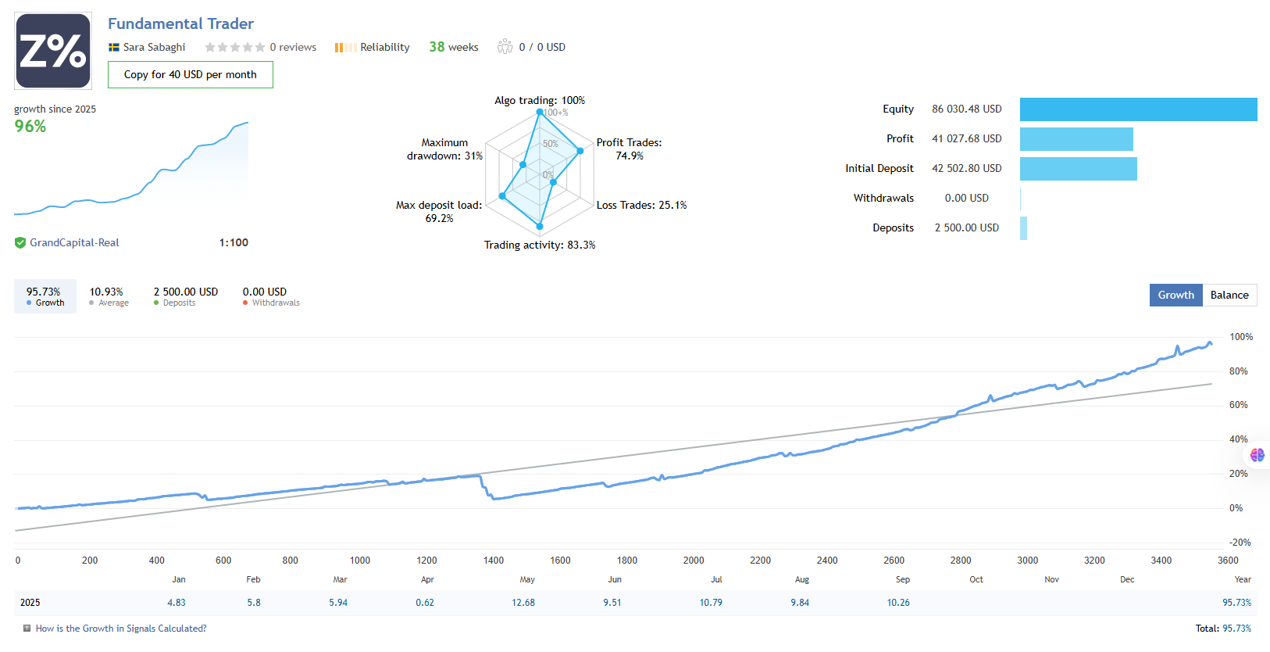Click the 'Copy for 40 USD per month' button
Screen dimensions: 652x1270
190,75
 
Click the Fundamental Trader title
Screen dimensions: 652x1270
180,23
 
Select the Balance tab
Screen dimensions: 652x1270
1229,295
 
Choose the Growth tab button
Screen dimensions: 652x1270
1175,295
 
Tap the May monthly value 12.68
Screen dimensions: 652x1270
523,603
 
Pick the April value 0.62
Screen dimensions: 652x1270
425,603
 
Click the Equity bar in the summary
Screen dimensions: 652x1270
1138,109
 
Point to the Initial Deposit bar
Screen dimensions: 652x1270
1078,169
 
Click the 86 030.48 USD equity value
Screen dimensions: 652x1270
966,109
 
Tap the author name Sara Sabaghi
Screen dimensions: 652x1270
154,47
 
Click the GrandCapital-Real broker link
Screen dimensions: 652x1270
74,242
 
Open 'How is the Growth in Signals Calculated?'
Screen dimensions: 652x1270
121,629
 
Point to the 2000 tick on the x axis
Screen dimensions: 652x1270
694,561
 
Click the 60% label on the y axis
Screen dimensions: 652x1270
1238,405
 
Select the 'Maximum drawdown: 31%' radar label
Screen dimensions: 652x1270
444,149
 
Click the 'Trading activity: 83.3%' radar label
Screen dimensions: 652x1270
540,245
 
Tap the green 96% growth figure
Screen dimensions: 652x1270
30,127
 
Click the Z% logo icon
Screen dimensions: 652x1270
53,51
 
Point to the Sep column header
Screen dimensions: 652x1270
903,579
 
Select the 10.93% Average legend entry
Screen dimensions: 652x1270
107,296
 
